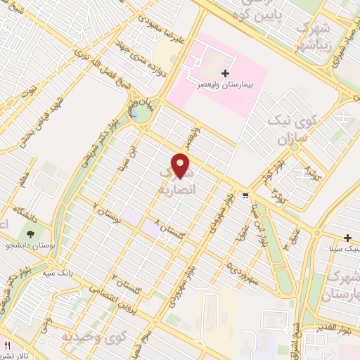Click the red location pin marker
pyautogui.click(x=181, y=165)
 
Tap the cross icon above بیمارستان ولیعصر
pyautogui.click(x=225, y=73)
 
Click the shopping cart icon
pyautogui.click(x=245, y=195)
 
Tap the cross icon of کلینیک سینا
pyautogui.click(x=348, y=237)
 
